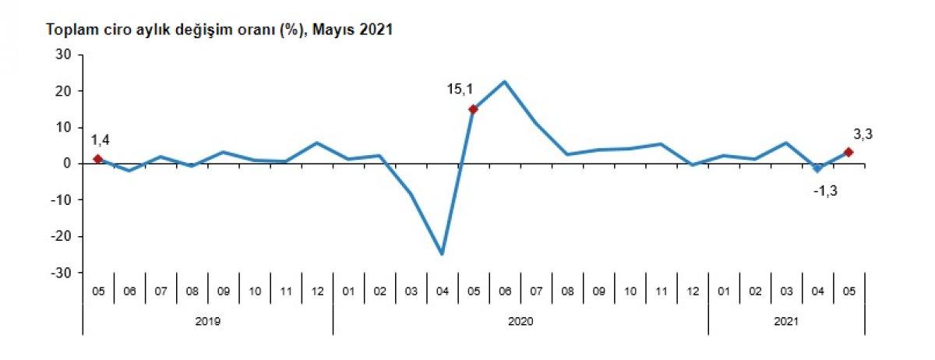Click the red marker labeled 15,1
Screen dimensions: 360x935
click(473, 109)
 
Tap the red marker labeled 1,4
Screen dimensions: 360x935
click(97, 159)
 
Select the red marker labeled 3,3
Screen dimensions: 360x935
click(849, 152)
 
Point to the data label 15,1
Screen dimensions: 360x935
click(460, 90)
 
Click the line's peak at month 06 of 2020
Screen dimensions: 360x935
click(504, 81)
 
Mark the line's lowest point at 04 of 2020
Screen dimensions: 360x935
click(442, 254)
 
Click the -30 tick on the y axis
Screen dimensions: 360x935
click(62, 273)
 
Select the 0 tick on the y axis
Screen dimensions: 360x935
click(68, 164)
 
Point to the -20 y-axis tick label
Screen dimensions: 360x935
click(62, 236)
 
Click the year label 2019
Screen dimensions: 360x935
click(207, 319)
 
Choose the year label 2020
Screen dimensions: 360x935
click(520, 319)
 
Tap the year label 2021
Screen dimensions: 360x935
click(786, 319)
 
